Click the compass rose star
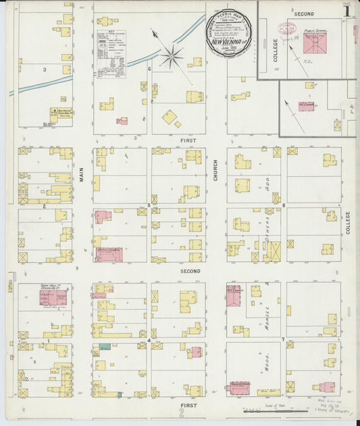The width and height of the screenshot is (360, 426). [172, 55]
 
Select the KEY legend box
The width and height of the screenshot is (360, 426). [111, 51]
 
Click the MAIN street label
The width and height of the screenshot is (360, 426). [82, 175]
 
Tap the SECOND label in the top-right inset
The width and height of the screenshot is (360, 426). [304, 13]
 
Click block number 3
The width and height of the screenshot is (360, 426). [45, 70]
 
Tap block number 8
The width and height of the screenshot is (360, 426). [284, 205]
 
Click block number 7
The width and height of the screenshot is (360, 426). [283, 339]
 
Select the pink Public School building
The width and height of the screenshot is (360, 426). [315, 44]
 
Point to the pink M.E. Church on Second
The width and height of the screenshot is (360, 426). [234, 296]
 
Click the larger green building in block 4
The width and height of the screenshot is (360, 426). [105, 346]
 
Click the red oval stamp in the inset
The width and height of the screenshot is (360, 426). [288, 29]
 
